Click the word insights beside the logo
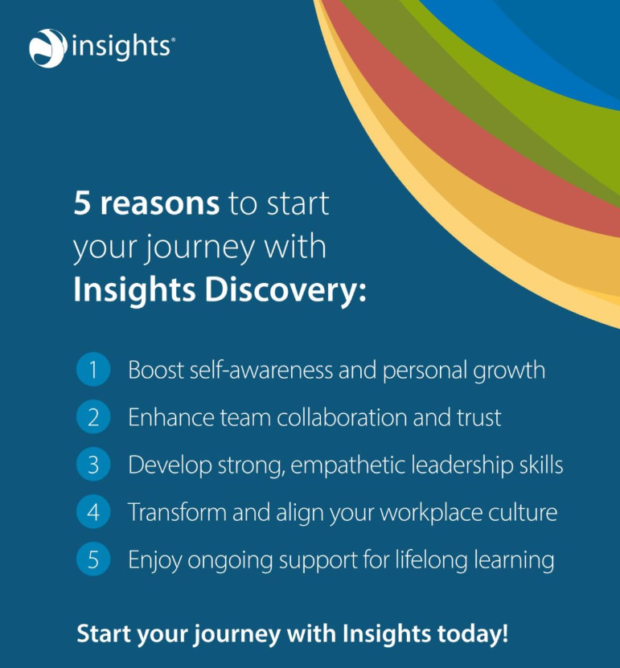[x=121, y=46]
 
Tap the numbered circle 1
[x=93, y=371]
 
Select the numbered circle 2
[x=93, y=418]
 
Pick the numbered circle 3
[x=93, y=465]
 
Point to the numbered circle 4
[x=93, y=512]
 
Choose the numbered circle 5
[x=93, y=559]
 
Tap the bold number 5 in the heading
[x=82, y=203]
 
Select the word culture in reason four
[x=523, y=512]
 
